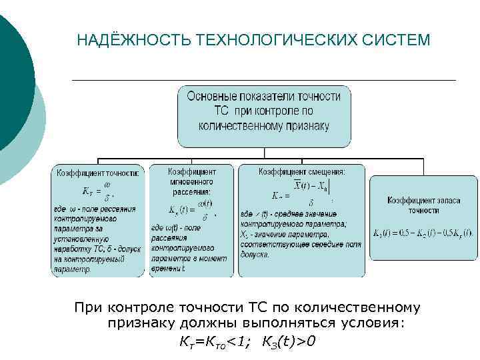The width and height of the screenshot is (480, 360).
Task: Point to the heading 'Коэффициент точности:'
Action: [x=97, y=172]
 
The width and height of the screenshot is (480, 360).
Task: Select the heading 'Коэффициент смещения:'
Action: [x=301, y=172]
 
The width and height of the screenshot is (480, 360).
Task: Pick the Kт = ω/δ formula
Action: [x=97, y=190]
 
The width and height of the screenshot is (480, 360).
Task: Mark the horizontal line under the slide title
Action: [x=263, y=80]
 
